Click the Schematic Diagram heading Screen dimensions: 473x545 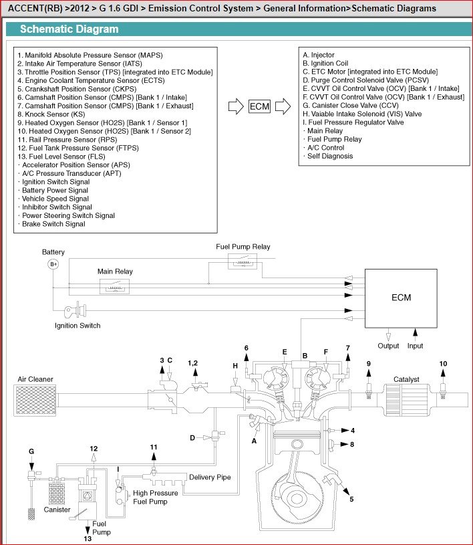[x=69, y=29]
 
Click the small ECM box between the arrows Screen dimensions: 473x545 [x=259, y=106]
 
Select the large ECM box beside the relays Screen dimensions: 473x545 [x=401, y=298]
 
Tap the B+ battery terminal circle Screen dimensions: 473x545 [x=53, y=264]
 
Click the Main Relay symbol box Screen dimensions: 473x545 [x=115, y=287]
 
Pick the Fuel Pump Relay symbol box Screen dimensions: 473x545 [x=243, y=261]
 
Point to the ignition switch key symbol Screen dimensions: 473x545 [x=75, y=310]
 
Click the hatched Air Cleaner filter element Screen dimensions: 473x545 [x=36, y=401]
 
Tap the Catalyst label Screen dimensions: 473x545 [x=406, y=379]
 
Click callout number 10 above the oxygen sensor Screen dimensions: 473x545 [x=443, y=364]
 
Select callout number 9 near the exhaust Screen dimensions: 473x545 [x=369, y=364]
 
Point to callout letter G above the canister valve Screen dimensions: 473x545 [x=31, y=451]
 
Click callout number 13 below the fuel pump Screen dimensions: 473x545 [x=88, y=538]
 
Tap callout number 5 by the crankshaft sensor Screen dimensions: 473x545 [x=351, y=499]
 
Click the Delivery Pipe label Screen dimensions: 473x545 [x=210, y=477]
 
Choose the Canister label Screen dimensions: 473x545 [x=57, y=510]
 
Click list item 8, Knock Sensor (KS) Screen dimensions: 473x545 [x=51, y=114]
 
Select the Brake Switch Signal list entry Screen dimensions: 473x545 [x=51, y=224]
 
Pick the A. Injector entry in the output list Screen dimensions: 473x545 [x=319, y=55]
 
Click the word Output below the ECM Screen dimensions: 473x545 [x=388, y=346]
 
